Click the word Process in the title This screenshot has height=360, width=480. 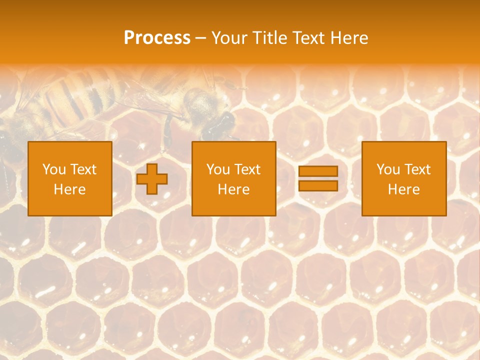pyautogui.click(x=157, y=38)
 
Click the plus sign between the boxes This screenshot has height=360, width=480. pyautogui.click(x=152, y=179)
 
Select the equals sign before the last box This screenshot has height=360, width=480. pyautogui.click(x=318, y=178)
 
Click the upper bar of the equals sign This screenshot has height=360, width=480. pyautogui.click(x=318, y=171)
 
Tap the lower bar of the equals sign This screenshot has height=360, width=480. pyautogui.click(x=318, y=185)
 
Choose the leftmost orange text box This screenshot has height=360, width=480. pyautogui.click(x=70, y=178)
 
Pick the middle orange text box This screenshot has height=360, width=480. pyautogui.click(x=234, y=178)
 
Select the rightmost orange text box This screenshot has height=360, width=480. pyautogui.click(x=404, y=178)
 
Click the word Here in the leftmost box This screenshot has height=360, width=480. pyautogui.click(x=70, y=189)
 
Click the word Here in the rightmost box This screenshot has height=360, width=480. pyautogui.click(x=404, y=189)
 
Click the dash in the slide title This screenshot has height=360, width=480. pyautogui.click(x=201, y=38)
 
